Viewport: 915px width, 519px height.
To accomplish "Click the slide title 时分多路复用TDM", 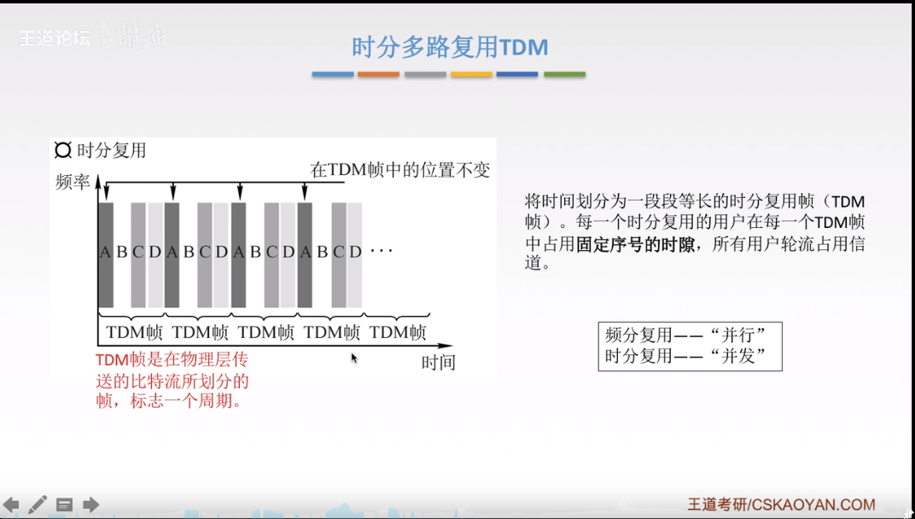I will point(450,46).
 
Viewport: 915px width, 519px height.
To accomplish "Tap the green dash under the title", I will point(564,74).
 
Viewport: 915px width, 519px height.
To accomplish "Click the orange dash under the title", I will point(378,74).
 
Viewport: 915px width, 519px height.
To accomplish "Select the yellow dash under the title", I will point(471,74).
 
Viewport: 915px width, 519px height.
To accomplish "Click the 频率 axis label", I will point(73,182).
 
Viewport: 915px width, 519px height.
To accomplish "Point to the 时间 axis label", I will point(439,363).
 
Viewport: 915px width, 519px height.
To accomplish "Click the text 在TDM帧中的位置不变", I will point(399,170).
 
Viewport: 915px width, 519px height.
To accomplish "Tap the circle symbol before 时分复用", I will point(63,150).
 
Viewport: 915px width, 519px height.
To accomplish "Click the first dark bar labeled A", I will point(105,253).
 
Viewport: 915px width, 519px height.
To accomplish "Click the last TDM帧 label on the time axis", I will point(398,332).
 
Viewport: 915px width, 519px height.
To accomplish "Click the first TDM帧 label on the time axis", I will point(134,332).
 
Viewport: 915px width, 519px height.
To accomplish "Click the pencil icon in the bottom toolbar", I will point(38,504).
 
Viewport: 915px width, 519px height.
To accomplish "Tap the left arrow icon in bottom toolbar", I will point(11,504).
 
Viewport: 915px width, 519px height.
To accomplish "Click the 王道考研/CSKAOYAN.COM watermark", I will point(781,504).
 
